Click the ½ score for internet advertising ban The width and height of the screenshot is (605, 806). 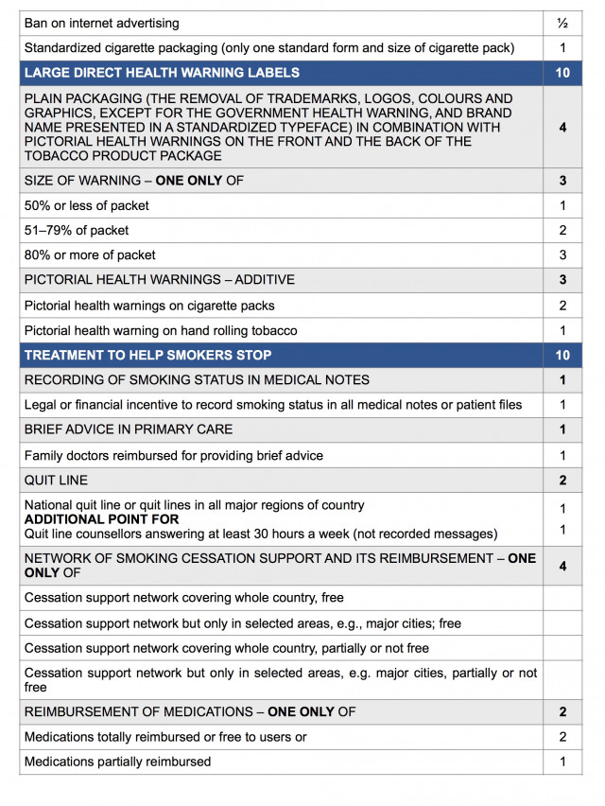point(562,23)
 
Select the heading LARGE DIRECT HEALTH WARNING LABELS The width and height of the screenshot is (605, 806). point(162,73)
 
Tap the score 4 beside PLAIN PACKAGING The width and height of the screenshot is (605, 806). point(562,128)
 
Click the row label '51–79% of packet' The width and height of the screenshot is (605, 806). point(77,230)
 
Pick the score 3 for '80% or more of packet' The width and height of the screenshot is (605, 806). point(562,254)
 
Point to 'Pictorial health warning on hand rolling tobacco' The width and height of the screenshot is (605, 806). point(161,330)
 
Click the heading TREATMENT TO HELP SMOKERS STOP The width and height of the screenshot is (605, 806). point(147,355)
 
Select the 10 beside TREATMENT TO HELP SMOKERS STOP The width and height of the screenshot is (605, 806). point(562,355)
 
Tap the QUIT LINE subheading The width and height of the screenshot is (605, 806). point(57,480)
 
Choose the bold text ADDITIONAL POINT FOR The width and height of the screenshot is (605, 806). point(101,519)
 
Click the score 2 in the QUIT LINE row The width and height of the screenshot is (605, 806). point(562,480)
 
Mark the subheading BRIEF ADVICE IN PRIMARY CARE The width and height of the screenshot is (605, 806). point(128,429)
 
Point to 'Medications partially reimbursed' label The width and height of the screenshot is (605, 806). point(117,762)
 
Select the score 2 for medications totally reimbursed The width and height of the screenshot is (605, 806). point(562,737)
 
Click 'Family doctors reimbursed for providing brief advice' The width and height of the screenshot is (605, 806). point(173,455)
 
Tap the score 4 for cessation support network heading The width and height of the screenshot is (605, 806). point(562,566)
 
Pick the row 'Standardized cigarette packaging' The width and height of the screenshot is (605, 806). point(269,47)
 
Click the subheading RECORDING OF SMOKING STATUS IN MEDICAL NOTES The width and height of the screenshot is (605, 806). point(197,379)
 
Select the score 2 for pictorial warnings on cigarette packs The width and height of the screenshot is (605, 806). point(562,305)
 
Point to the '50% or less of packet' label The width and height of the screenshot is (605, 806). point(87,205)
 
